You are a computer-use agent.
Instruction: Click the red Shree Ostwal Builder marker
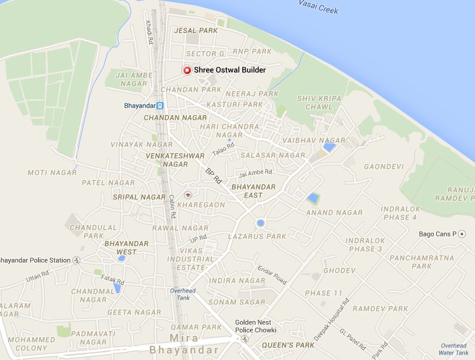tap(187, 70)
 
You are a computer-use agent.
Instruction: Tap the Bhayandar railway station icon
tap(161, 106)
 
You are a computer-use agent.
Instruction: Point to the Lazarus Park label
tap(257, 236)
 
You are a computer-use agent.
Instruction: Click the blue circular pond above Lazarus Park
tap(260, 223)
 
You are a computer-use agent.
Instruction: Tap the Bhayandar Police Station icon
tap(76, 260)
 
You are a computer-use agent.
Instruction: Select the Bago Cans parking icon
tap(461, 233)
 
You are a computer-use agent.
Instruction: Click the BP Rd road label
tap(213, 175)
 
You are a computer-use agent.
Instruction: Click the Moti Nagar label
tap(52, 173)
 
